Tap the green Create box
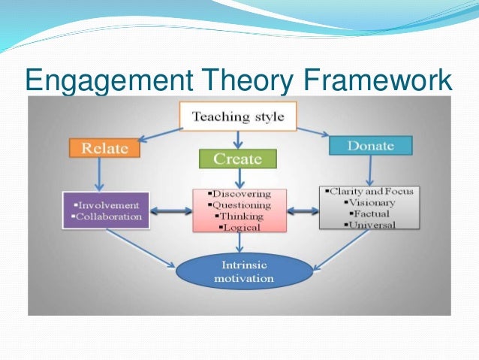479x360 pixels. coord(237,159)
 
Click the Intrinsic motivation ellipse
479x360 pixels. coord(243,271)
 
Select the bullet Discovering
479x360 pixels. coord(240,195)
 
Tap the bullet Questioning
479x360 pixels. coord(240,206)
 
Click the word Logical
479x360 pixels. coord(240,226)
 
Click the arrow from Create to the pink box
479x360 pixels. coord(238,178)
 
